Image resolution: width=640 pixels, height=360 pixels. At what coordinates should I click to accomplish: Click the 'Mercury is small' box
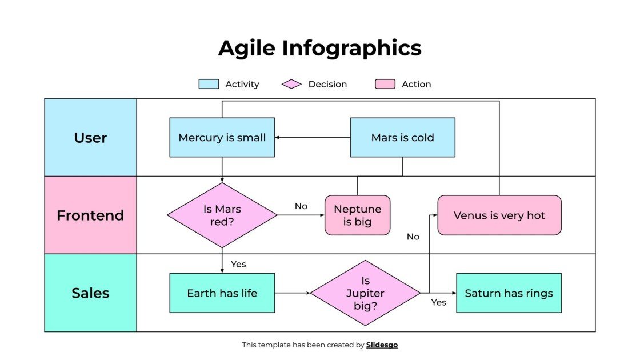point(222,137)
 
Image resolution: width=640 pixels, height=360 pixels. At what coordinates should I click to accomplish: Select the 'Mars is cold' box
point(402,137)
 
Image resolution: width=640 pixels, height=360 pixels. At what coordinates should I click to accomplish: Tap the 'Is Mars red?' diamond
point(222,215)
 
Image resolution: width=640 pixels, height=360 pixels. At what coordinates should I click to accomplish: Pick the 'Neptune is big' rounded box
point(357,215)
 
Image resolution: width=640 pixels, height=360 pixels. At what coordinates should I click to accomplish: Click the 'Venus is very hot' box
point(499,215)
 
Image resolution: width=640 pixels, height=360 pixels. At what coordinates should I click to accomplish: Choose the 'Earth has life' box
point(222,293)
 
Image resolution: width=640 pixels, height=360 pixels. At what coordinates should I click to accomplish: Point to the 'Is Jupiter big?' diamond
point(365,293)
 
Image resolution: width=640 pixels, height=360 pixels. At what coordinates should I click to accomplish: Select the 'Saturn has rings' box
point(509,293)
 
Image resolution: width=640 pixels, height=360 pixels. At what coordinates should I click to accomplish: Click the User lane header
point(90,138)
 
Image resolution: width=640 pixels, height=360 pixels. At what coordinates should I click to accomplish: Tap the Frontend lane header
point(90,215)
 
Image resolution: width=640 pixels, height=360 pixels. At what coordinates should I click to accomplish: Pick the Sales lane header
point(90,293)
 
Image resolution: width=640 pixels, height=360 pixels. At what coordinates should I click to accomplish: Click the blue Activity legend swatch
point(209,84)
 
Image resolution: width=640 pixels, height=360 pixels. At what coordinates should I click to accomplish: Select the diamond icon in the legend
point(291,84)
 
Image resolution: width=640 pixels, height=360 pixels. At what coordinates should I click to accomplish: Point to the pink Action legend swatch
point(385,84)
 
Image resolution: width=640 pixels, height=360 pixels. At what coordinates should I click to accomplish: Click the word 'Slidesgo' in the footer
point(382,345)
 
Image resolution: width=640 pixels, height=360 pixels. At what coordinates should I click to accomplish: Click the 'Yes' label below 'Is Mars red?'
point(238,264)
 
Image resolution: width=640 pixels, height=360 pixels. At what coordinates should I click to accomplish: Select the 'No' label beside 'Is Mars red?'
point(301,206)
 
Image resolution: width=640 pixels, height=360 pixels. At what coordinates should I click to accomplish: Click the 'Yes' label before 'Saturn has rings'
point(438,302)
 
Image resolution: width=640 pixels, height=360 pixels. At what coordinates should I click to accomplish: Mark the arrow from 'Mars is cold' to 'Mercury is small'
point(312,137)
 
